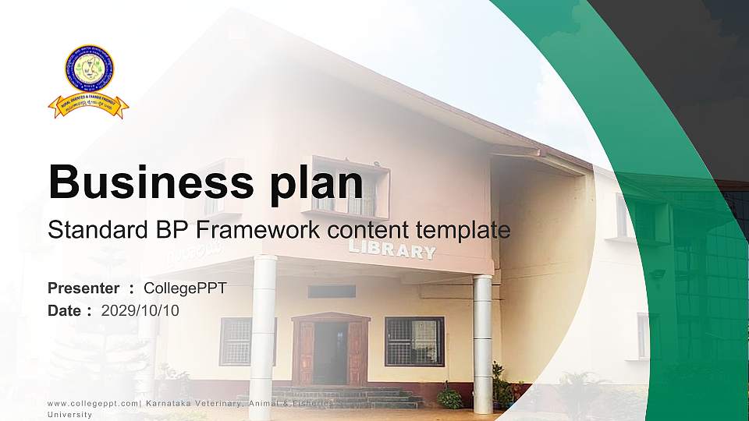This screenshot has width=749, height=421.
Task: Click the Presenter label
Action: [83, 288]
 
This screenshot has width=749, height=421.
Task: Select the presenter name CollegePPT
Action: [185, 288]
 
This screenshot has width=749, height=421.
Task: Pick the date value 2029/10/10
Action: [140, 311]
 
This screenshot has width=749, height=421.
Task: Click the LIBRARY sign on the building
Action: [392, 249]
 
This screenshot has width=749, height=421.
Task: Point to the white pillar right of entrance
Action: [483, 343]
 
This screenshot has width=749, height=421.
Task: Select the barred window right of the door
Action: [414, 341]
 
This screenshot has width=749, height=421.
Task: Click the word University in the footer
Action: [69, 415]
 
